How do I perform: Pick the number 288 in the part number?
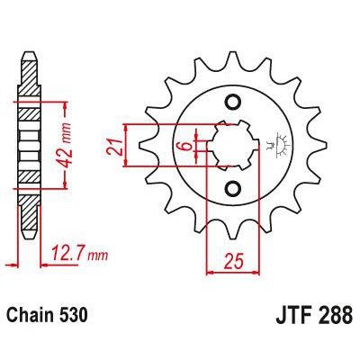[x=333, y=318]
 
